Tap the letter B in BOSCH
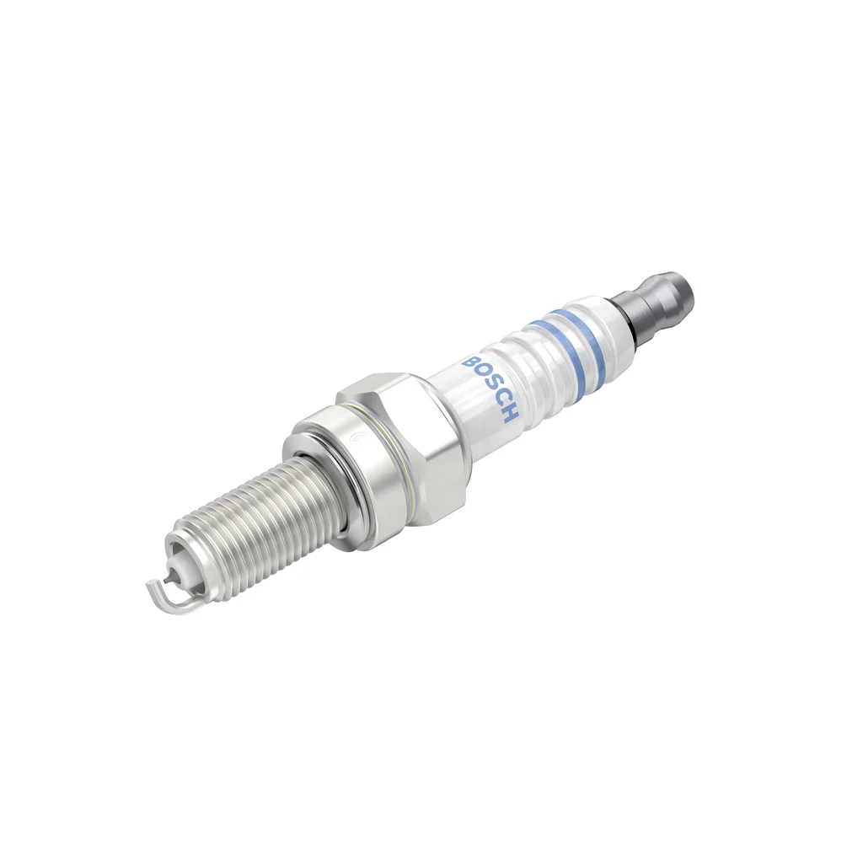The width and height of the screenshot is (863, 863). click(472, 363)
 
